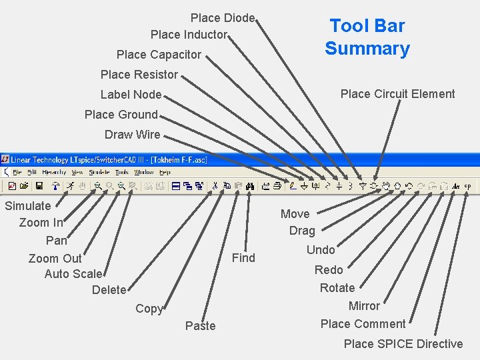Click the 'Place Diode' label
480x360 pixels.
point(223,18)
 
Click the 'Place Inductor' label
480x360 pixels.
point(189,35)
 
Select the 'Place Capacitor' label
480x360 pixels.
point(159,55)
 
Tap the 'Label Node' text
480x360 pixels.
point(131,95)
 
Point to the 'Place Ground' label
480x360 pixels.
point(121,115)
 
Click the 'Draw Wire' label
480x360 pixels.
point(132,135)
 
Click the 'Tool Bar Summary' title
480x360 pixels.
point(367,37)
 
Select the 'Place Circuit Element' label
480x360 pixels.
point(397,94)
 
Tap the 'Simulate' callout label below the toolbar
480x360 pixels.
point(27,206)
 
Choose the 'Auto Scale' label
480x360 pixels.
point(73,274)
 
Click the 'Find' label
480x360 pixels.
point(243,258)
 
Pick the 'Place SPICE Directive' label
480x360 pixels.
point(403,344)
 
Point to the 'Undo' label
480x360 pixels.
point(321,250)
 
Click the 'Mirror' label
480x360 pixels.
point(364,306)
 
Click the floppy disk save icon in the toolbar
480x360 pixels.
point(39,186)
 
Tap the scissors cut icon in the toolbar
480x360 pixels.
point(215,186)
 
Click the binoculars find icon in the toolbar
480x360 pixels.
point(250,186)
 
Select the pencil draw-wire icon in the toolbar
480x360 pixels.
point(292,186)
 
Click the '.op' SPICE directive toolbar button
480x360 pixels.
point(467,186)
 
